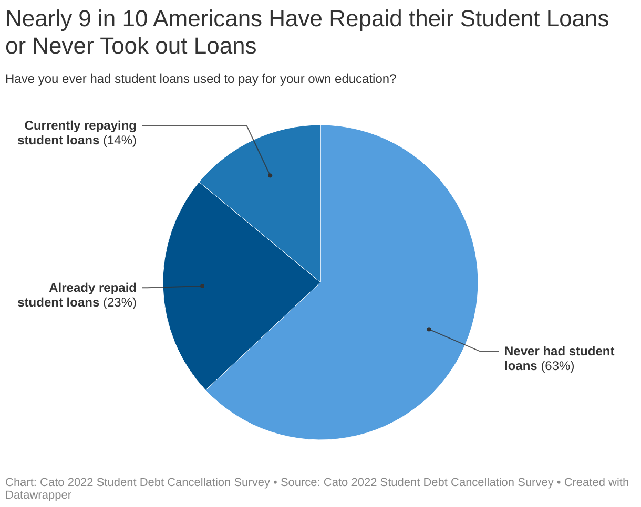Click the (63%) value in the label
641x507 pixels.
point(557,366)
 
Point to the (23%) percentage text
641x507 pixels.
point(120,302)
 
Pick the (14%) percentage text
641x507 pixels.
point(120,140)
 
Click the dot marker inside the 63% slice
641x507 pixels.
point(429,329)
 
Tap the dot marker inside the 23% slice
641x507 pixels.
point(202,286)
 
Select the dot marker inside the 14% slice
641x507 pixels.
point(270,175)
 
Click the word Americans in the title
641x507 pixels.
point(208,19)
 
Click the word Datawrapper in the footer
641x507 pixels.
point(38,494)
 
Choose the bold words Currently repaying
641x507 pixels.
point(80,125)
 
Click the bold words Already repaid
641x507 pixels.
point(92,288)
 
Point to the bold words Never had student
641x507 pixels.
point(559,351)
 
